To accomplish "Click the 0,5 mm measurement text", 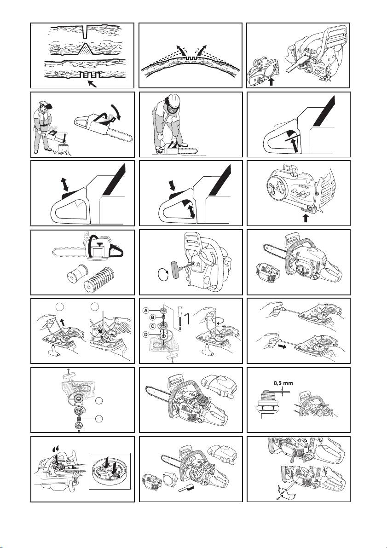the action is click(x=283, y=383).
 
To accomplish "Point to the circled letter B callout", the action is click(x=152, y=317).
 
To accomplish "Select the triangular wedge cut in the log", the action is click(x=85, y=50).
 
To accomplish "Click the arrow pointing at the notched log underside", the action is click(x=92, y=83).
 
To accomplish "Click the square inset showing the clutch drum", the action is click(x=110, y=471).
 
